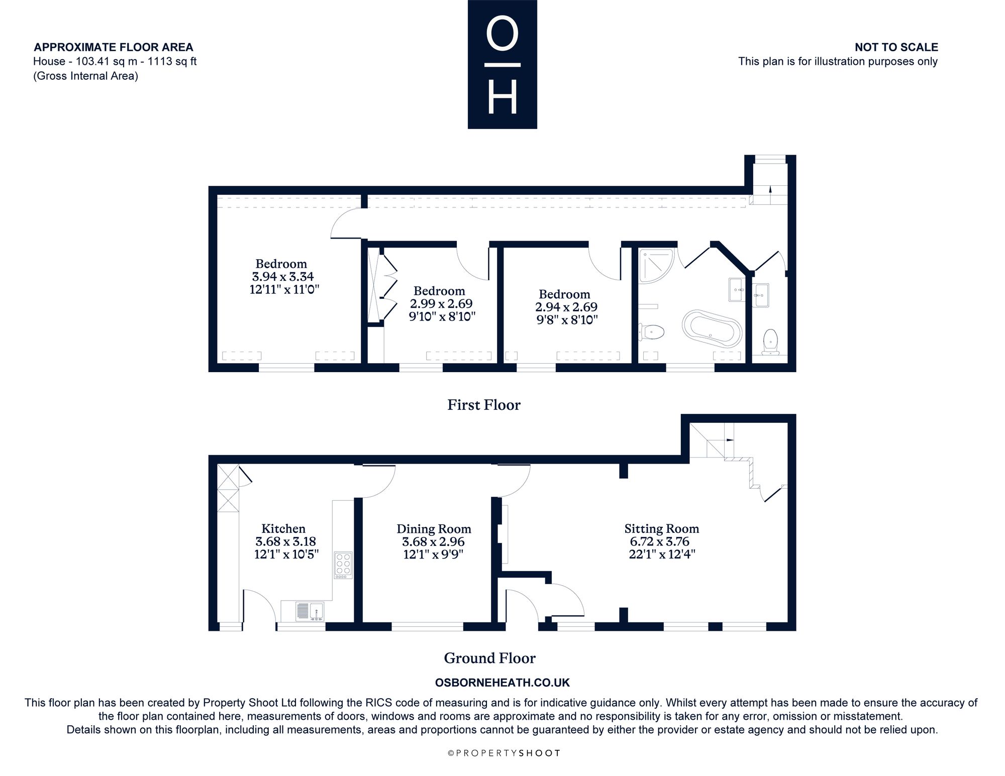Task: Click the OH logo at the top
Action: (x=502, y=64)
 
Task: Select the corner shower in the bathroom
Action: (x=656, y=265)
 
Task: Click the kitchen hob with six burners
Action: (x=344, y=565)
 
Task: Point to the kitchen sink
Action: (x=310, y=611)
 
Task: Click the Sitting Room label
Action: (x=662, y=528)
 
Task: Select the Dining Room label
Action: (x=434, y=529)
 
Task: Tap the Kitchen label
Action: (x=283, y=528)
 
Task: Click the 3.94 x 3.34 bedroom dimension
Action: (x=282, y=276)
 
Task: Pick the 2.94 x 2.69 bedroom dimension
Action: (x=566, y=306)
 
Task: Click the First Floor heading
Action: (x=484, y=405)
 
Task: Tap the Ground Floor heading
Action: (x=490, y=658)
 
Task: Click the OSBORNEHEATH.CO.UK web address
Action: (x=502, y=683)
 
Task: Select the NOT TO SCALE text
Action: (x=896, y=47)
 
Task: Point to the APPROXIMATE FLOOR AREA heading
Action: (x=114, y=47)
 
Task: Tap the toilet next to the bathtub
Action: (x=652, y=331)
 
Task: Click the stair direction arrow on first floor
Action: (x=770, y=194)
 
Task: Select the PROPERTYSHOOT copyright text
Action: (x=504, y=752)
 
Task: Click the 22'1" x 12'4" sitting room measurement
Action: (x=662, y=555)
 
